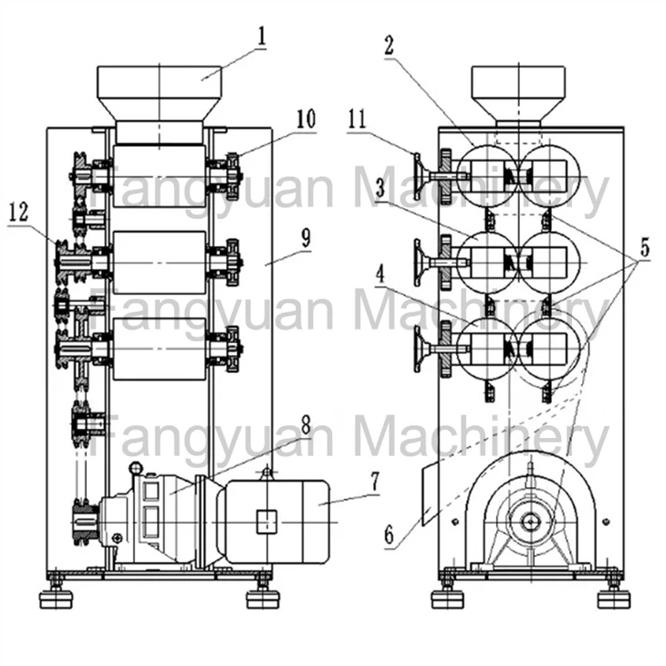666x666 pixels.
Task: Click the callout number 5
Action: pos(644,245)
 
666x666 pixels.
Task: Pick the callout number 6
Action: pos(390,536)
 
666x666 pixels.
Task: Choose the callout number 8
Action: pos(306,425)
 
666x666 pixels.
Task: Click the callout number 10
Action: pos(305,120)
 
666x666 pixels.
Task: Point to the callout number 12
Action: pos(17,213)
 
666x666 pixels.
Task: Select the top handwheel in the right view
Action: pos(421,175)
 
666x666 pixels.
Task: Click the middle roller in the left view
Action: pos(159,263)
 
